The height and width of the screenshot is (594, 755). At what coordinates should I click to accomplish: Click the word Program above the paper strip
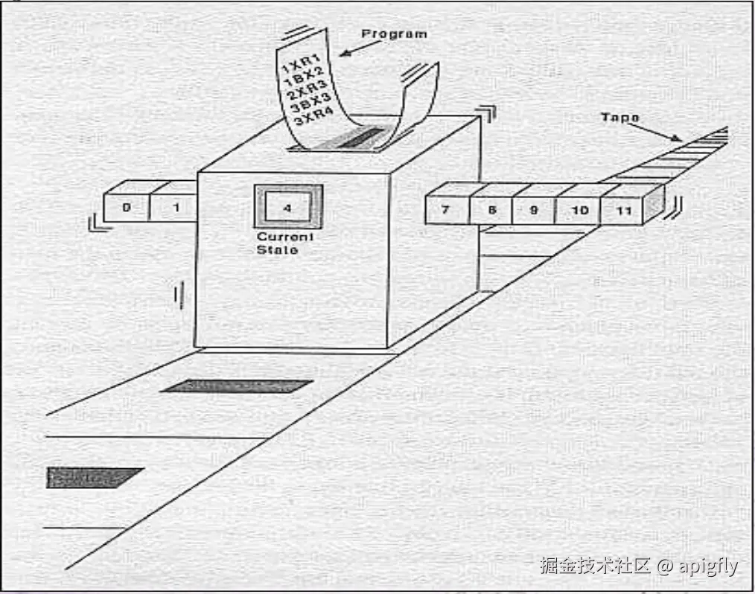[394, 33]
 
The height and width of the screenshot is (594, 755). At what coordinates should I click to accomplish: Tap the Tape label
[620, 118]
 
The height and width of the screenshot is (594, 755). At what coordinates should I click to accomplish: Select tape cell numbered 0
[127, 207]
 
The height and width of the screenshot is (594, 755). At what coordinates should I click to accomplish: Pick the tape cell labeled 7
[445, 210]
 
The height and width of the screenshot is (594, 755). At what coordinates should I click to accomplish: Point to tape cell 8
[491, 210]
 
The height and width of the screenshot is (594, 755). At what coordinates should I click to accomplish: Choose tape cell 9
[533, 210]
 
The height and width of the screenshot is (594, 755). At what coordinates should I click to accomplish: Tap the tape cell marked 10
[579, 211]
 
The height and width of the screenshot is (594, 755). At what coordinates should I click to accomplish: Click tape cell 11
[624, 211]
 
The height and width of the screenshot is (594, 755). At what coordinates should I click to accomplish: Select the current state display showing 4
[288, 208]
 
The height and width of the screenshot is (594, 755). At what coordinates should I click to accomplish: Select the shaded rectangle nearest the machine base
[236, 386]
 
